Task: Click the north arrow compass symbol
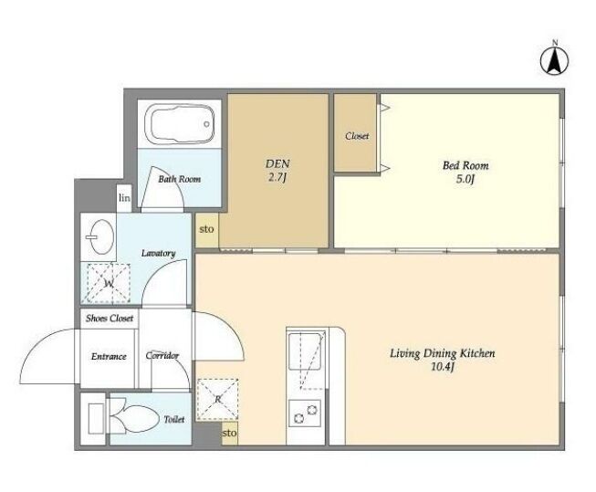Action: click(x=555, y=59)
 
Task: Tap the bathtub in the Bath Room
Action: click(x=180, y=123)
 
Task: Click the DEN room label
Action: click(x=277, y=164)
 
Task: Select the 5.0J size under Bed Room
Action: click(x=465, y=179)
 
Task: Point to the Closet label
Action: click(x=357, y=136)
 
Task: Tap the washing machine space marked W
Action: click(x=109, y=284)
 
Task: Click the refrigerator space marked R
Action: click(x=217, y=399)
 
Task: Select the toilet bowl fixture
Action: click(x=134, y=417)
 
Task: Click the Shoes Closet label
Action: click(x=110, y=319)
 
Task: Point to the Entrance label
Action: click(x=109, y=356)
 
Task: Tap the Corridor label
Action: click(x=162, y=355)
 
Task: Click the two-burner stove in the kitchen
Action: click(x=305, y=413)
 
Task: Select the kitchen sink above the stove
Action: click(x=306, y=351)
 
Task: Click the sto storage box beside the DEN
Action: click(x=207, y=229)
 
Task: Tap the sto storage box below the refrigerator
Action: click(x=230, y=433)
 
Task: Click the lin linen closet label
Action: click(x=124, y=198)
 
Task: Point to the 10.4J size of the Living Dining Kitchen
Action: click(x=443, y=367)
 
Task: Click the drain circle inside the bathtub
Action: click(x=206, y=124)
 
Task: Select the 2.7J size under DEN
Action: click(x=277, y=178)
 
